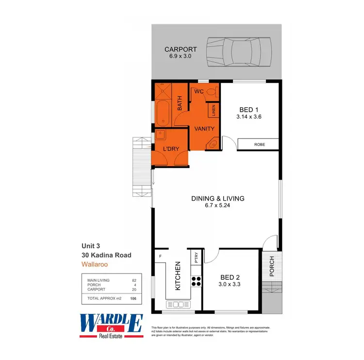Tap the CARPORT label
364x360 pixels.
(x=180, y=50)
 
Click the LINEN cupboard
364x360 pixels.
(x=213, y=111)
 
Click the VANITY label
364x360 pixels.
(x=204, y=129)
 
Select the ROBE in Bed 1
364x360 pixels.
(x=258, y=144)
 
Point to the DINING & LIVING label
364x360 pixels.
(x=217, y=198)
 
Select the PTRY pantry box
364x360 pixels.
(x=196, y=257)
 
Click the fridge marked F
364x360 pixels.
(x=161, y=256)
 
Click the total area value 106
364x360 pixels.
(x=133, y=299)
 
